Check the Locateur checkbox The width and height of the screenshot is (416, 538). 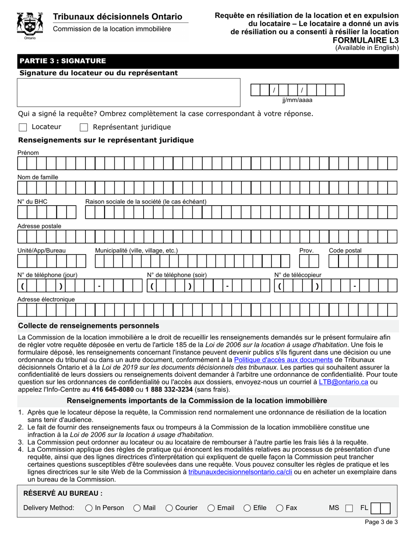click(x=23, y=127)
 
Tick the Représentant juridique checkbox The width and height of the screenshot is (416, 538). click(x=84, y=127)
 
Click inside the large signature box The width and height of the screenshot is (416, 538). click(x=129, y=92)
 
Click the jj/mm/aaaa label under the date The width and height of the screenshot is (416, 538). click(x=297, y=100)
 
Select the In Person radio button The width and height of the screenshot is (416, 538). click(x=89, y=508)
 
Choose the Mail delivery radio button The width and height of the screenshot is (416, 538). click(x=137, y=508)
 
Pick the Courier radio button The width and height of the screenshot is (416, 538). click(x=169, y=508)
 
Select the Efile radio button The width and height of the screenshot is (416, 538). click(x=247, y=508)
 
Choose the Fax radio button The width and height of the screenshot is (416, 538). click(x=280, y=508)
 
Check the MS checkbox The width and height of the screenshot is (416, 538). click(x=349, y=508)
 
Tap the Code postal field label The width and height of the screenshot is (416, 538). click(x=345, y=250)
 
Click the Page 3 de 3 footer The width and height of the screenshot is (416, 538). click(x=381, y=522)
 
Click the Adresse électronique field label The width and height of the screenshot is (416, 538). click(x=46, y=299)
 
